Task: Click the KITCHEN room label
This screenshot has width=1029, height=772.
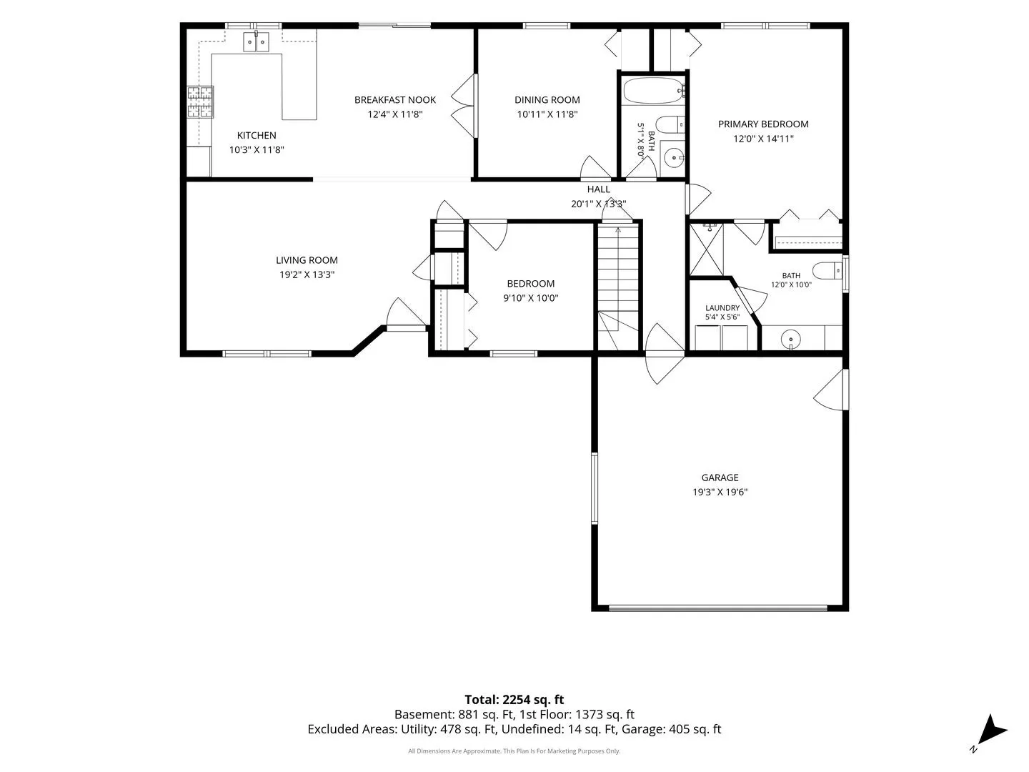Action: click(x=257, y=136)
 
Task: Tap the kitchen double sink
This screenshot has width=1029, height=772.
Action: click(x=256, y=41)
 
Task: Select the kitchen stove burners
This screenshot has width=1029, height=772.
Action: click(x=200, y=102)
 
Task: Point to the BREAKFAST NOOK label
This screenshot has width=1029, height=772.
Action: click(x=394, y=100)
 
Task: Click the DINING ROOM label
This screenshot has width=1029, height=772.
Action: click(x=547, y=100)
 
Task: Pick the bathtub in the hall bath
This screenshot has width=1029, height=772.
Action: click(x=653, y=91)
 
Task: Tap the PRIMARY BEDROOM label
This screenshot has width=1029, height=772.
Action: click(x=763, y=124)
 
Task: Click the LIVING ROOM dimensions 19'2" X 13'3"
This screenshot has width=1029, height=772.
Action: click(x=307, y=274)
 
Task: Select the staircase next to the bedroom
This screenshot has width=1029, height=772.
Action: click(x=618, y=287)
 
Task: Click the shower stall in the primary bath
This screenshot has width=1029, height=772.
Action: click(x=706, y=250)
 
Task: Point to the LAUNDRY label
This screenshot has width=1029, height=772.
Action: click(x=722, y=308)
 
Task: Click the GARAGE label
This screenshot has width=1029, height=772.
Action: click(x=720, y=477)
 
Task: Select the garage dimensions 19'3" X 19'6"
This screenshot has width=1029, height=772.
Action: click(x=720, y=493)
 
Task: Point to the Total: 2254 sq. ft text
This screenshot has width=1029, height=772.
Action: click(x=514, y=700)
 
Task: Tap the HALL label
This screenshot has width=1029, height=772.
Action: click(x=599, y=189)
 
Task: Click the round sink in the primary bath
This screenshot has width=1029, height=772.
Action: click(x=790, y=339)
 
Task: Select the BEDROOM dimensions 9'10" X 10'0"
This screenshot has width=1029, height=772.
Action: click(x=531, y=298)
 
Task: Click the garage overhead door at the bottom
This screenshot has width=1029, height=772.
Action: click(x=717, y=608)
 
